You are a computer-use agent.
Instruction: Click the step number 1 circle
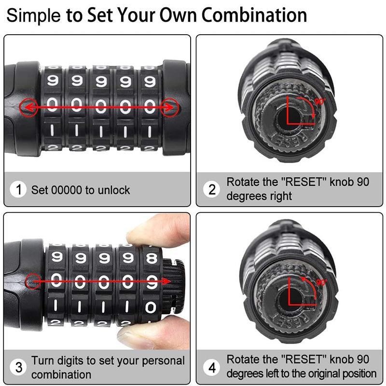(19, 190)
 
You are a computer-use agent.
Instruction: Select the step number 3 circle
(19, 368)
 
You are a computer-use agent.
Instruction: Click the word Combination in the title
(254, 15)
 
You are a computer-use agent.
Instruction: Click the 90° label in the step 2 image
(320, 102)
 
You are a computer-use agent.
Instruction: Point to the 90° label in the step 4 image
(321, 282)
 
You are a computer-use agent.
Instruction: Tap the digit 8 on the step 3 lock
(152, 258)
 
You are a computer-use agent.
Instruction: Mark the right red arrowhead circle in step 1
(169, 107)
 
